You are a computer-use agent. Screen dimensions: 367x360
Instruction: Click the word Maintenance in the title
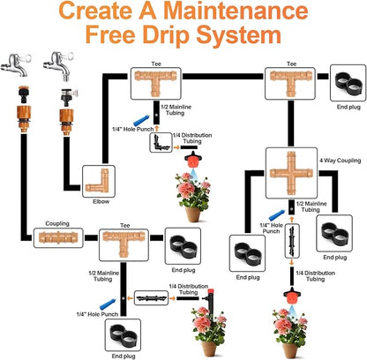click(x=236, y=11)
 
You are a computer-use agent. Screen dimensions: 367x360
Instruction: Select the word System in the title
click(x=238, y=36)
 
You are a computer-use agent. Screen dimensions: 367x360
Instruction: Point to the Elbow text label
click(x=101, y=202)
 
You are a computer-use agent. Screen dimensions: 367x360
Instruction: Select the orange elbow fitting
click(x=100, y=181)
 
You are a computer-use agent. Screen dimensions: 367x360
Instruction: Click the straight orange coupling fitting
click(x=58, y=237)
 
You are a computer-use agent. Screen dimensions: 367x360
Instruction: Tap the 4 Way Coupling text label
click(x=341, y=161)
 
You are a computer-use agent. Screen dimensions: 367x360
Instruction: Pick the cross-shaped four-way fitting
click(x=291, y=173)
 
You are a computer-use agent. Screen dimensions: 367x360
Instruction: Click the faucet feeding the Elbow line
click(x=58, y=65)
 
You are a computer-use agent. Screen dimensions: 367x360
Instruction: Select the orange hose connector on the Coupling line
click(x=24, y=117)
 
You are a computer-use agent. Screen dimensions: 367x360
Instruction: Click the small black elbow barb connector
click(x=161, y=143)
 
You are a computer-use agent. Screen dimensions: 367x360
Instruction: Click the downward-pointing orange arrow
click(x=292, y=262)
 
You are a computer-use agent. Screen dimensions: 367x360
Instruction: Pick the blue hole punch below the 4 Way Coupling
click(x=276, y=215)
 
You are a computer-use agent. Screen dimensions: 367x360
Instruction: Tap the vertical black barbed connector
click(x=292, y=241)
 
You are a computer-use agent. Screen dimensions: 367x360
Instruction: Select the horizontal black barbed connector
click(x=152, y=298)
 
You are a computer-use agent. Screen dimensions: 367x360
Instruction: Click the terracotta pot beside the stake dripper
click(x=209, y=349)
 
